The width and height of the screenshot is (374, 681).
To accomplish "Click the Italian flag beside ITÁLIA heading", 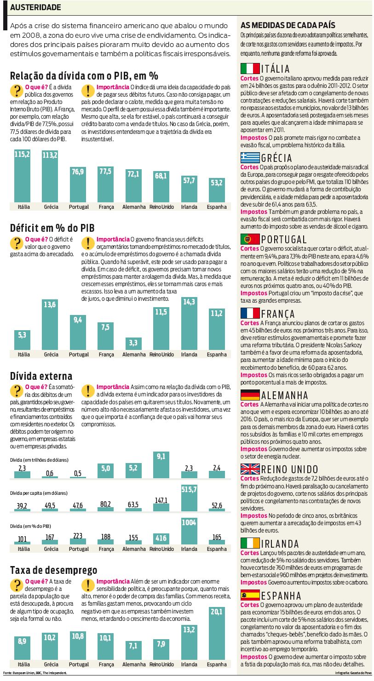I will click(x=250, y=69).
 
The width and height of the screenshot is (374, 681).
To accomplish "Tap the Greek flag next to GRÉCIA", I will click(x=250, y=158).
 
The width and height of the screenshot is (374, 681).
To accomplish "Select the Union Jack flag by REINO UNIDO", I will click(x=250, y=469).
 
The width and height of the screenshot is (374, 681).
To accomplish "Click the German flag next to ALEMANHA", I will click(x=250, y=395).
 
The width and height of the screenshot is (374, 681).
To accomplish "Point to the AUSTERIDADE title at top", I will click(x=35, y=8).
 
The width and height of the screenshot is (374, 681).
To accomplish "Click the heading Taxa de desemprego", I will click(x=53, y=571).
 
